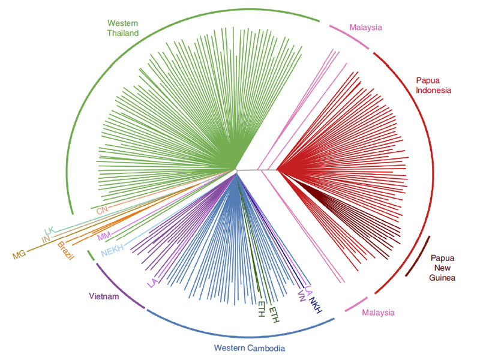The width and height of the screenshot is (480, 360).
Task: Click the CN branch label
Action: [x=102, y=211]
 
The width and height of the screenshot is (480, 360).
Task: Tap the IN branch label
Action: [x=45, y=240]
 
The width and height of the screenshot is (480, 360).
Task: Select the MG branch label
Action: [x=19, y=256]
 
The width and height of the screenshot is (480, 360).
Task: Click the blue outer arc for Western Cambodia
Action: [x=240, y=334]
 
